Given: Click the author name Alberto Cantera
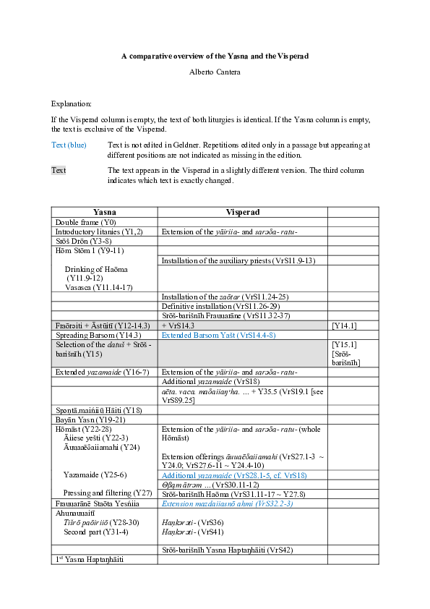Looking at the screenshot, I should (x=215, y=72).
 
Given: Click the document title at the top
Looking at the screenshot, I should (x=215, y=56).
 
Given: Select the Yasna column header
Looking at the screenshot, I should (x=105, y=212).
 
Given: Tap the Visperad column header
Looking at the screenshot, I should (x=242, y=212).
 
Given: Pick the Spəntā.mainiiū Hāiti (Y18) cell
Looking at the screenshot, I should (x=104, y=409).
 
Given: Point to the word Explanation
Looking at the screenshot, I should (x=71, y=104).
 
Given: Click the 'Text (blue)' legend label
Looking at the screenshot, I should (x=69, y=145).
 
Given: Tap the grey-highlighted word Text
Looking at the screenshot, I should (x=59, y=170).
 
